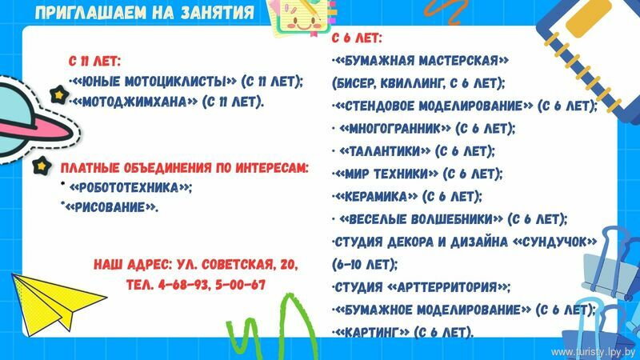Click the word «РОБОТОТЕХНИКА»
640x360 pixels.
click(x=130, y=188)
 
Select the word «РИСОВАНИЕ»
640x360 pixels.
click(x=110, y=207)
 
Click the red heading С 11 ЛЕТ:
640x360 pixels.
click(x=95, y=62)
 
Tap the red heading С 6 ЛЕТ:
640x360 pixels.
click(x=357, y=38)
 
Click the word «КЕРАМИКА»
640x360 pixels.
click(x=375, y=197)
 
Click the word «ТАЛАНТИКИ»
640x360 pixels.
click(x=385, y=151)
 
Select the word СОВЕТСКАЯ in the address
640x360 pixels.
click(x=238, y=264)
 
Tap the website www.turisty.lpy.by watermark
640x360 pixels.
click(x=593, y=352)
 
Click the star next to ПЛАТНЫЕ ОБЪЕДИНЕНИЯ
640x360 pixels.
click(x=42, y=166)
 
